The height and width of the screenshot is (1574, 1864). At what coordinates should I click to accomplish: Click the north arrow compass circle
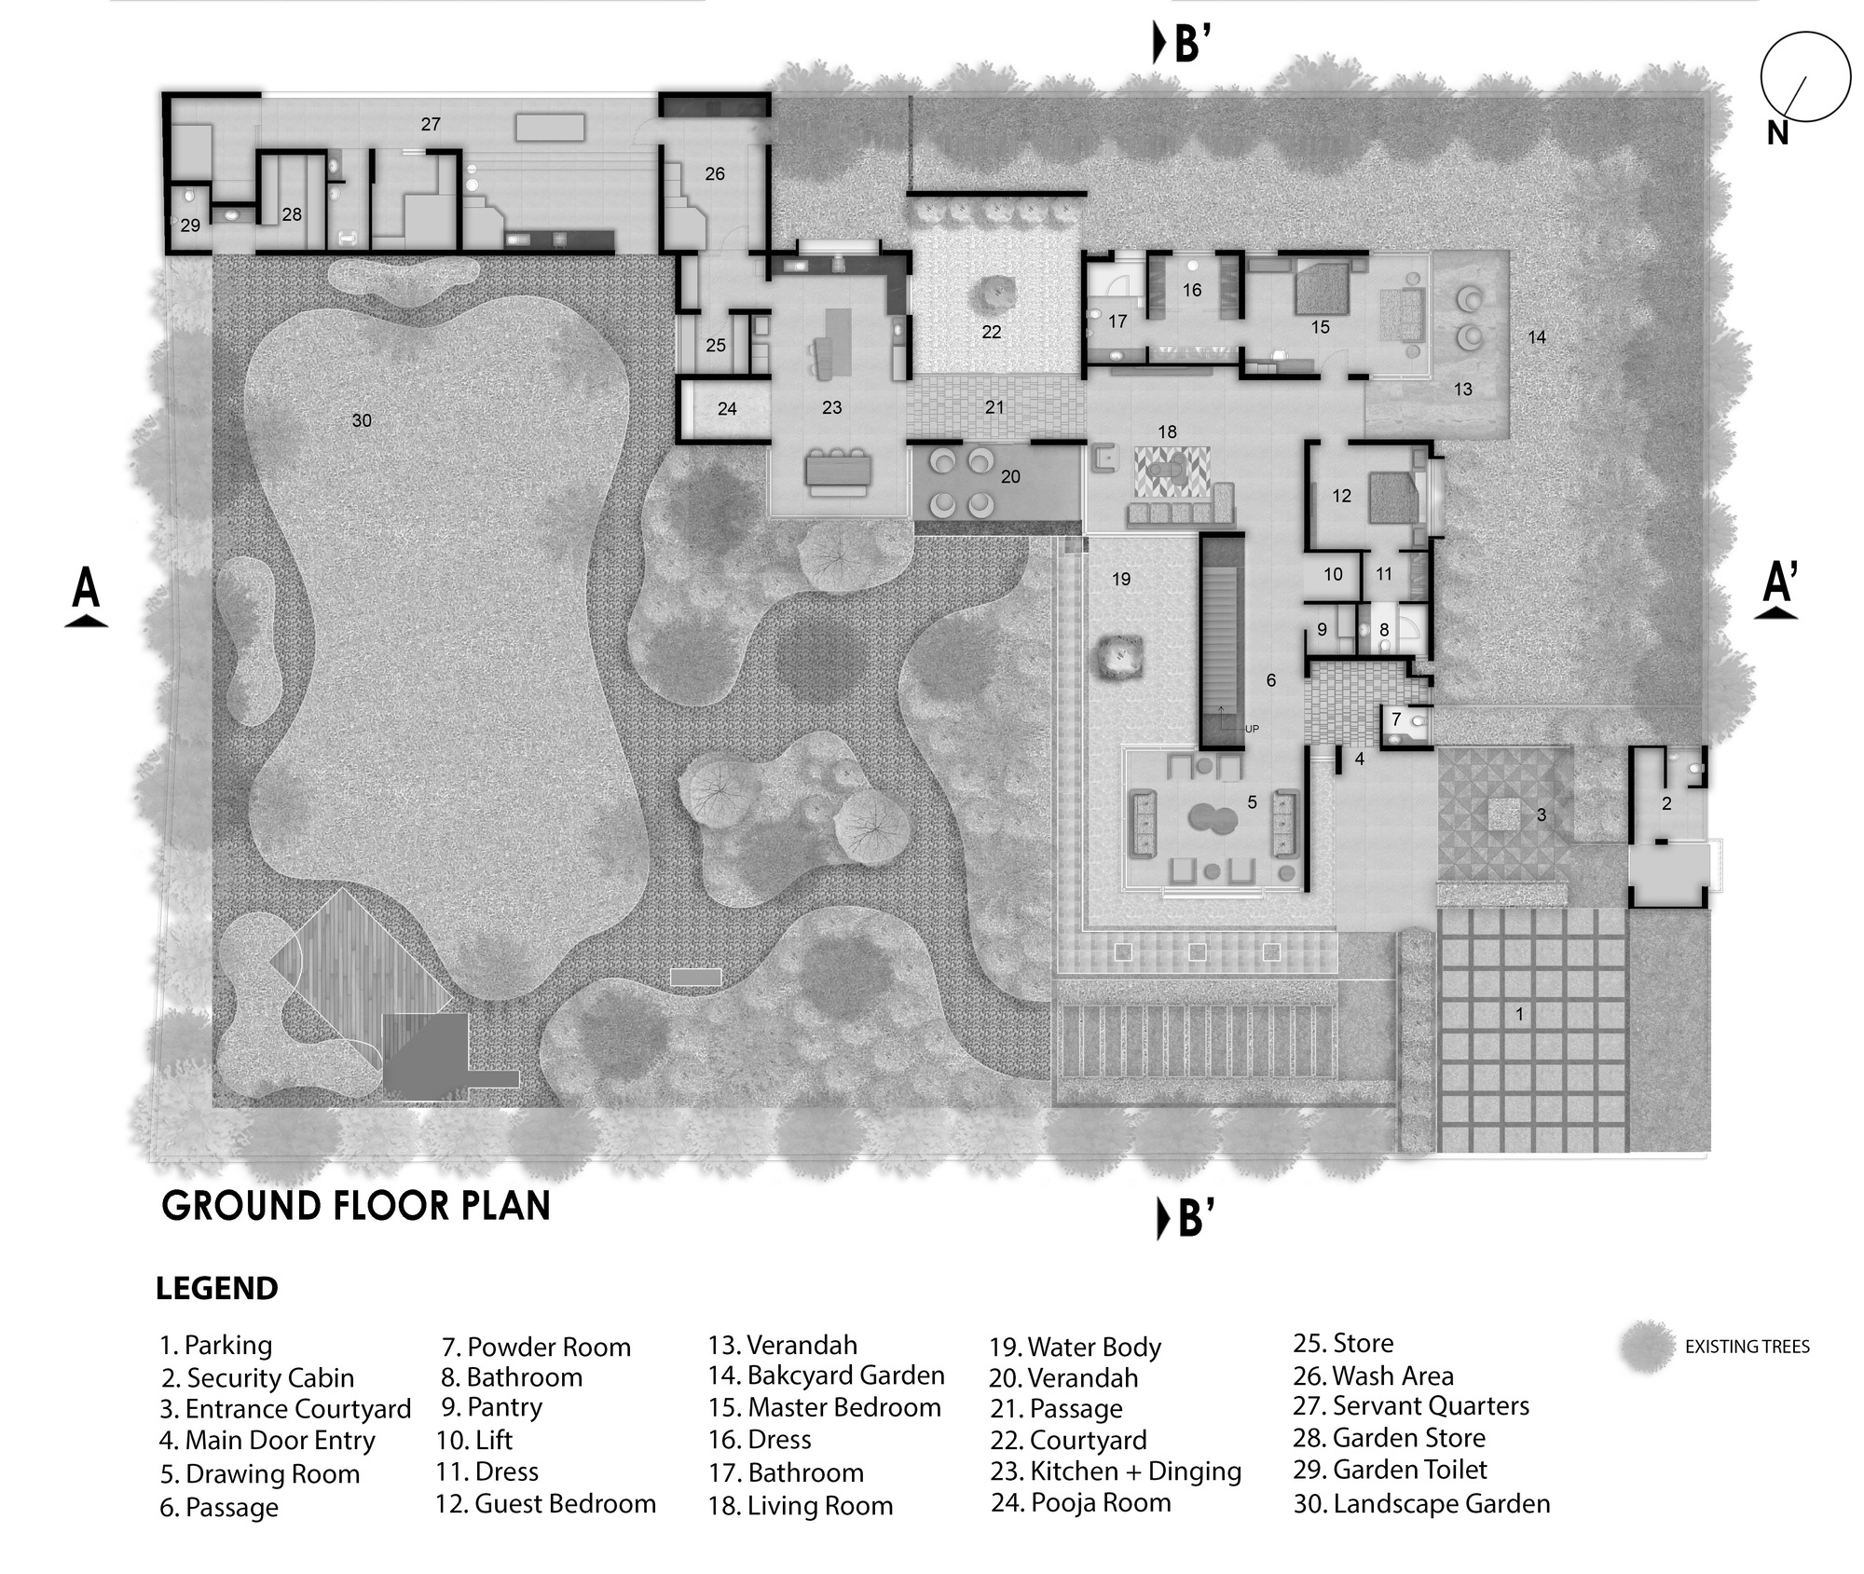(x=1804, y=77)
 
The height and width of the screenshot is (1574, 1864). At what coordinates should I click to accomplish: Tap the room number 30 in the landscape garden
(x=362, y=421)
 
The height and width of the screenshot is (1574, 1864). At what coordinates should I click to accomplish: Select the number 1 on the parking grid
(x=1520, y=1014)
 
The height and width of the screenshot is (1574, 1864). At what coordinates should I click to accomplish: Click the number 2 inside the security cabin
(x=1666, y=803)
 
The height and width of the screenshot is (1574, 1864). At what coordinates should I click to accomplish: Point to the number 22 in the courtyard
(x=991, y=332)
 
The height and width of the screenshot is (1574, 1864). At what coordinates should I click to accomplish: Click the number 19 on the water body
(x=1121, y=580)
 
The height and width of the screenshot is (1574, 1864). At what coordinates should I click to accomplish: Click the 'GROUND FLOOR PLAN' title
(x=356, y=1206)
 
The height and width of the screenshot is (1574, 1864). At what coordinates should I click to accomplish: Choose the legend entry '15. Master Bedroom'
(x=825, y=1407)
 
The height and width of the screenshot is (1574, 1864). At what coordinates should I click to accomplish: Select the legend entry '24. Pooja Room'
(x=1081, y=1502)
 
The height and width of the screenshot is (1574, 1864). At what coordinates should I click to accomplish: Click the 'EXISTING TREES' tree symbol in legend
(x=1648, y=1347)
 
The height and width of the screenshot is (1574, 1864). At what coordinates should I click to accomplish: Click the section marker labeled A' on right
(x=1778, y=591)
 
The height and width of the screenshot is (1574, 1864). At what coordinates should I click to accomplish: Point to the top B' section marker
(x=1184, y=44)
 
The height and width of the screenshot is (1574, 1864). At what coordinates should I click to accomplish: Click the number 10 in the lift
(x=1333, y=575)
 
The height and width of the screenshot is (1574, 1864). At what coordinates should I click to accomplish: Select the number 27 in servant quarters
(x=430, y=124)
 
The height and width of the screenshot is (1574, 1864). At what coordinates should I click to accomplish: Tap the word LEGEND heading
(x=216, y=1289)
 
